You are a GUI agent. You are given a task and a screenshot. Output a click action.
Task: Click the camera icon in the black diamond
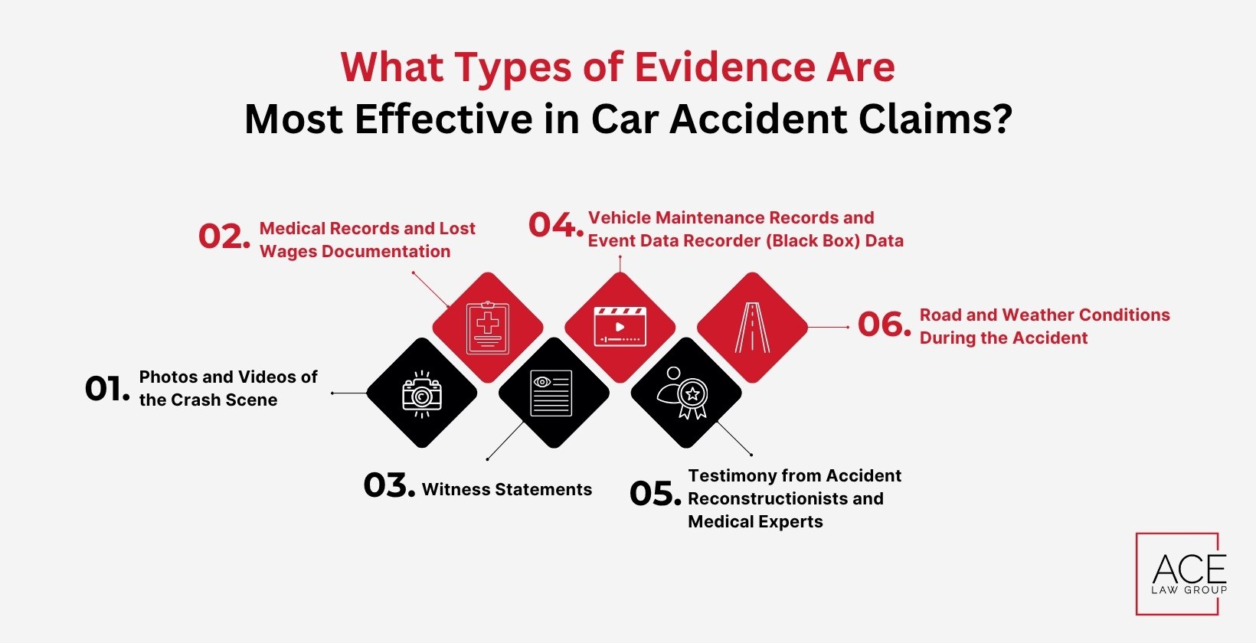click(422, 393)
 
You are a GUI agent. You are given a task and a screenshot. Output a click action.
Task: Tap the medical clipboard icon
click(488, 328)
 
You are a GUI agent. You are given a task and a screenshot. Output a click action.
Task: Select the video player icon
click(620, 328)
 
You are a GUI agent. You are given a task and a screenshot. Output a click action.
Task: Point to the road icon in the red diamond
click(752, 328)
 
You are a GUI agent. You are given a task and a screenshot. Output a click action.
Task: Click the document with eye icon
click(551, 393)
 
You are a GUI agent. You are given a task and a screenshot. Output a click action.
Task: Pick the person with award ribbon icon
click(684, 393)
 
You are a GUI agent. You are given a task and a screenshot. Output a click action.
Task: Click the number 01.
click(106, 389)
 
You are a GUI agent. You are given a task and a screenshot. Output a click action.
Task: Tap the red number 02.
click(224, 237)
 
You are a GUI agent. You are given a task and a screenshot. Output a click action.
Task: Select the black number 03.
click(388, 485)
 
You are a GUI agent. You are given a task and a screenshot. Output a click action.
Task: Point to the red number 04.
click(554, 225)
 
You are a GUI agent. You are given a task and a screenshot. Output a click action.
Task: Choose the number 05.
click(654, 494)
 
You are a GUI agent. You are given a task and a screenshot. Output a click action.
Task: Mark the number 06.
click(884, 325)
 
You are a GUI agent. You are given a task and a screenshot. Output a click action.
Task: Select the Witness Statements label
click(507, 490)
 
